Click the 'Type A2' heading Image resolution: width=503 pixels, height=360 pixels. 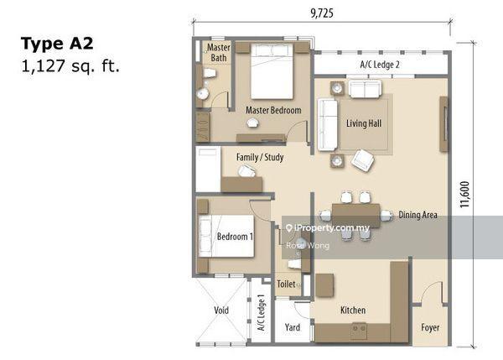point(57,44)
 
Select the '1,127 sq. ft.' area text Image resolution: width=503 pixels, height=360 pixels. point(70,66)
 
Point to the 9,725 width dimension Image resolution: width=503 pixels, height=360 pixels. point(322,13)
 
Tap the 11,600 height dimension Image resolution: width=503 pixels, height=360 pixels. point(464,195)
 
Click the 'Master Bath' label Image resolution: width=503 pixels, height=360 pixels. point(219,53)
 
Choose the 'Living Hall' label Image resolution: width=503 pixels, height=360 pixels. point(364,123)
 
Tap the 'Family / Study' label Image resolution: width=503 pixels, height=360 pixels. point(260,158)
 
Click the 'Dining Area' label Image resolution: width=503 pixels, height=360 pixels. point(417,215)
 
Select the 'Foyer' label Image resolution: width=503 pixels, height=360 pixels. point(430,327)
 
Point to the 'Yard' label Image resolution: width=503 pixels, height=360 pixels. point(293,327)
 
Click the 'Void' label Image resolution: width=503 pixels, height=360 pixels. point(221,310)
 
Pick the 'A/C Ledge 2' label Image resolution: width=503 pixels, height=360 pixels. point(380,65)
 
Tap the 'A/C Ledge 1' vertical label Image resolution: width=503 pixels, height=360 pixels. point(262,313)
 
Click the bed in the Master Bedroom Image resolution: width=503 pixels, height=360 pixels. point(272,71)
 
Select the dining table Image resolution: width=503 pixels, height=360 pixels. point(356,215)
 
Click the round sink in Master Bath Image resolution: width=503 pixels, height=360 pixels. point(202,93)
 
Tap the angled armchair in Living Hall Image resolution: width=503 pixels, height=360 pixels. point(362,159)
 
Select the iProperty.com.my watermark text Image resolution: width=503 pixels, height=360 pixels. point(328,228)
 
